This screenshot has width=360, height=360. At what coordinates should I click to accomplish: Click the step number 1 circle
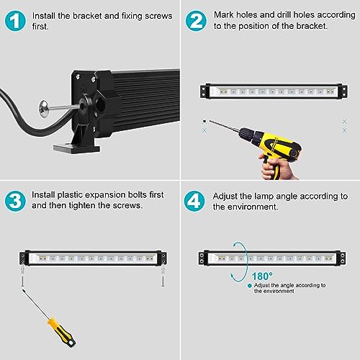click(x=15, y=21)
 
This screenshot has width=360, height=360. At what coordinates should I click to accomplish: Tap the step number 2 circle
click(x=196, y=21)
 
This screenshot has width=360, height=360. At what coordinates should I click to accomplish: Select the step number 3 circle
click(x=15, y=201)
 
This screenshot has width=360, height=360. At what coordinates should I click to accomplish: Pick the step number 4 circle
click(x=194, y=201)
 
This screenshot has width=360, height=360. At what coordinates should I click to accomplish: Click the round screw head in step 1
click(x=44, y=109)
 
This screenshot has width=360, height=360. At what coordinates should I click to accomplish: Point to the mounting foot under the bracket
click(x=77, y=146)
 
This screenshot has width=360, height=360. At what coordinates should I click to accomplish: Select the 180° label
click(x=262, y=276)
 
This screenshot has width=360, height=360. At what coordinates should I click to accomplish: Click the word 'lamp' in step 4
click(x=264, y=197)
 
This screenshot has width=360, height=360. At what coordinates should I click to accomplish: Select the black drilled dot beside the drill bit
click(x=204, y=122)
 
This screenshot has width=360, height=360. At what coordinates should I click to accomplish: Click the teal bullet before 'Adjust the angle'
click(x=250, y=286)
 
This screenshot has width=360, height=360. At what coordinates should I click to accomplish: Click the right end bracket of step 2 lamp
click(x=344, y=91)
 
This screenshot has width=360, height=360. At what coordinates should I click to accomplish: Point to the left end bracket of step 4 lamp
click(x=202, y=258)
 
